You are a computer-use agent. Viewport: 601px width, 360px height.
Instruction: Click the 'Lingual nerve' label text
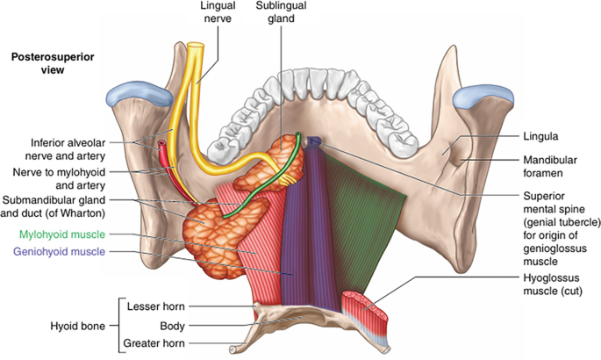pyautogui.click(x=218, y=12)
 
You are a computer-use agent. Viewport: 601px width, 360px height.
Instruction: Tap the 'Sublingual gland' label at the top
pyautogui.click(x=281, y=12)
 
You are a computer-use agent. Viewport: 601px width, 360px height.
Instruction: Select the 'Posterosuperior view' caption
pyautogui.click(x=53, y=63)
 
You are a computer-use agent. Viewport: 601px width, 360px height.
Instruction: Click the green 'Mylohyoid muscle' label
pyautogui.click(x=62, y=234)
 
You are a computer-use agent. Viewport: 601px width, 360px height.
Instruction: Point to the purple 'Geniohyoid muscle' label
pyautogui.click(x=59, y=251)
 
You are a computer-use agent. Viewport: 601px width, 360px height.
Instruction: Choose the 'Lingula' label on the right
pyautogui.click(x=540, y=136)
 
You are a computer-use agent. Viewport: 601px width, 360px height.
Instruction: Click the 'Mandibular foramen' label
pyautogui.click(x=550, y=166)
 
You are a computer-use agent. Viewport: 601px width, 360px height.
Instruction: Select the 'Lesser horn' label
pyautogui.click(x=156, y=306)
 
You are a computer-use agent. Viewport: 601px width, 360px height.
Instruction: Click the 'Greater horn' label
pyautogui.click(x=154, y=343)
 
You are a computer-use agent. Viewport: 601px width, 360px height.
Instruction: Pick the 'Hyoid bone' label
pyautogui.click(x=78, y=327)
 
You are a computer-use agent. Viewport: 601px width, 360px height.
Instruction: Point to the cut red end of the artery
pyautogui.click(x=162, y=145)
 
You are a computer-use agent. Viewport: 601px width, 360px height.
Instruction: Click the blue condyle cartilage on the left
pyautogui.click(x=140, y=92)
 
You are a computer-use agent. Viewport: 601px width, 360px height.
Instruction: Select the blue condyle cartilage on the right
pyautogui.click(x=483, y=96)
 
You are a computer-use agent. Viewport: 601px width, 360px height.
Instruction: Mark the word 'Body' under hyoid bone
pyautogui.click(x=173, y=327)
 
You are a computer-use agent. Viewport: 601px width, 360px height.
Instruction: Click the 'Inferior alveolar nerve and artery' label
pyautogui.click(x=65, y=149)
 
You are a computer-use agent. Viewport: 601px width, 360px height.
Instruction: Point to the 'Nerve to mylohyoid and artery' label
pyautogui.click(x=59, y=178)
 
